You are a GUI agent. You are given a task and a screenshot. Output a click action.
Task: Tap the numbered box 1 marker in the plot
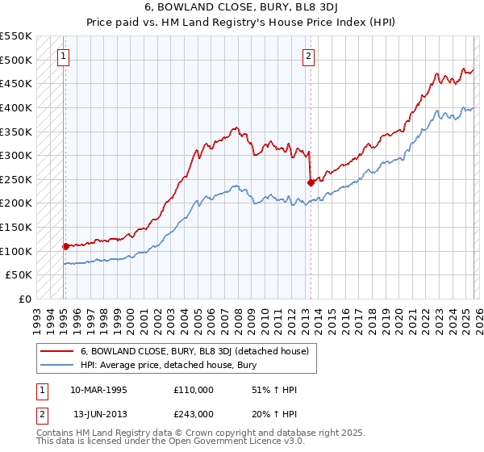(64, 56)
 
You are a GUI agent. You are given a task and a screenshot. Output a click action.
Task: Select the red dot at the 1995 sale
(65, 246)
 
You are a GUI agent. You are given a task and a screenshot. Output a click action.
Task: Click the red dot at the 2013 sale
(311, 182)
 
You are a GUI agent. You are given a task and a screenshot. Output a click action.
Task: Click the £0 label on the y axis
(25, 299)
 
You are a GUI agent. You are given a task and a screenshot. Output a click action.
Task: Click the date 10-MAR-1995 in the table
(98, 388)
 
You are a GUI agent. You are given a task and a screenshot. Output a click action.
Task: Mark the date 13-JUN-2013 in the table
(100, 414)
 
